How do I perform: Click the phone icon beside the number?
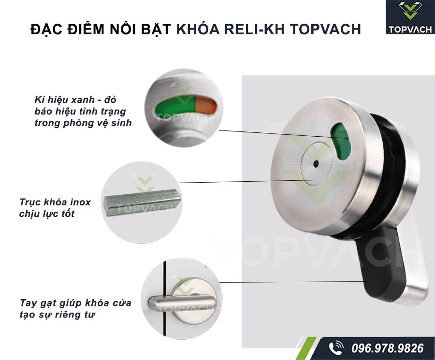[335, 348]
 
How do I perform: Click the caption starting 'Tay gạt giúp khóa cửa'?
[75, 303]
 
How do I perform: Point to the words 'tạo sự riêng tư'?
[61, 315]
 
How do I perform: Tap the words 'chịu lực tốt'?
[47, 214]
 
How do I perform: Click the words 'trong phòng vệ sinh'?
[83, 123]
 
